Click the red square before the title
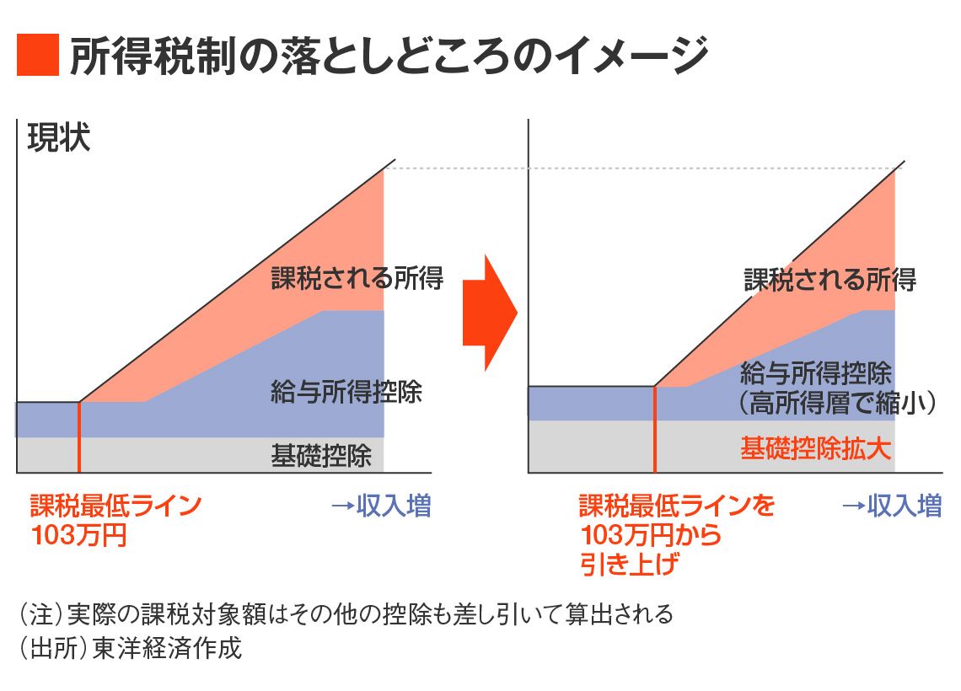(x=38, y=55)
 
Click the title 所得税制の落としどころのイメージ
(x=388, y=56)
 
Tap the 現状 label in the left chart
(x=58, y=137)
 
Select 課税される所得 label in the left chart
(x=357, y=278)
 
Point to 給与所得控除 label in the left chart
(x=346, y=392)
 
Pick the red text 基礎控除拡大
(x=815, y=448)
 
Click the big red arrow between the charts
(x=489, y=312)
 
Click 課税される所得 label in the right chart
(x=829, y=279)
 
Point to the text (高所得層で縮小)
(x=838, y=404)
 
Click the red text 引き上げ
(x=629, y=563)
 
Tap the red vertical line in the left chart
(x=78, y=437)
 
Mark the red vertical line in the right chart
(x=655, y=428)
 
